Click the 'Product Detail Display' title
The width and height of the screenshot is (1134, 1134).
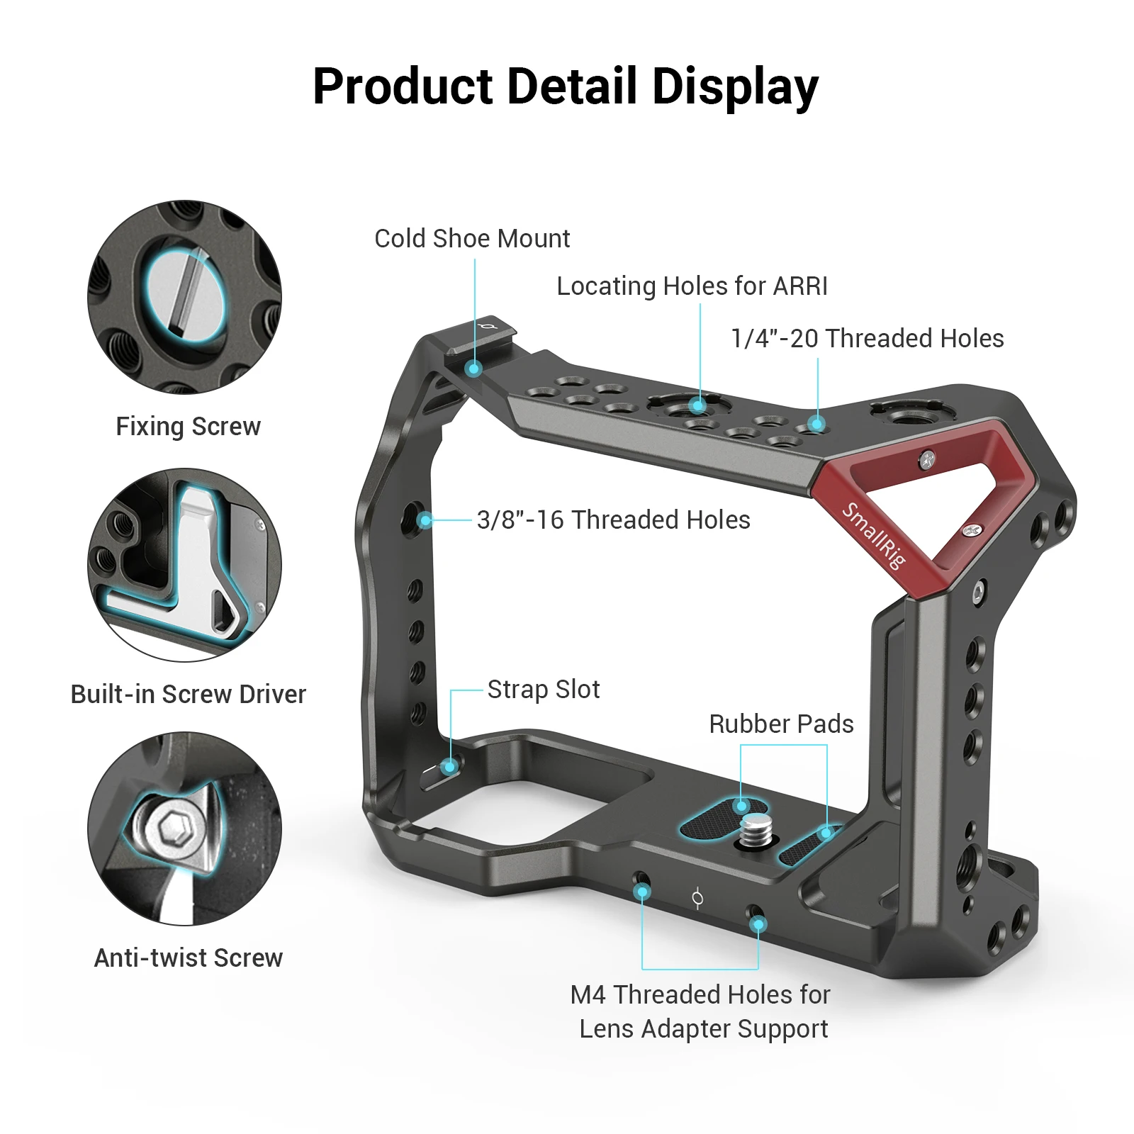pos(566,86)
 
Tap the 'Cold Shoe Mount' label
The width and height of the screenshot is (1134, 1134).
pos(472,239)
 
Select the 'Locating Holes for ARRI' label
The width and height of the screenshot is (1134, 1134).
pos(692,286)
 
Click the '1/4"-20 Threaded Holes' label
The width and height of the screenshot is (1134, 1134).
pos(867,339)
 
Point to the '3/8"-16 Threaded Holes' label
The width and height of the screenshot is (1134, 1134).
pos(613,520)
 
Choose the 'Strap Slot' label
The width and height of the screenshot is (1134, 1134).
pos(544,690)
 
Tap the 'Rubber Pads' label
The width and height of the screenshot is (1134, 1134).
pos(781,724)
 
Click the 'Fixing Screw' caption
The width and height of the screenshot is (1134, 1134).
pos(188,427)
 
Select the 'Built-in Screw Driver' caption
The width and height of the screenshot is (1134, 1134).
pos(188,695)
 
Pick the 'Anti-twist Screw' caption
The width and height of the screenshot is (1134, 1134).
pos(188,958)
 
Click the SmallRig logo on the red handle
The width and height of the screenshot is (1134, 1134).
pos(873,536)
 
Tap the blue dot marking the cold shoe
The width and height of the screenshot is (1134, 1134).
pos(474,369)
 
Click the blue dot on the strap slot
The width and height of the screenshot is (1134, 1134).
pos(449,767)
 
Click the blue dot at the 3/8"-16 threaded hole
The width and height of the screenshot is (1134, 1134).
pos(425,521)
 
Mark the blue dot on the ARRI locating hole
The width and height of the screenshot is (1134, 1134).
pos(698,406)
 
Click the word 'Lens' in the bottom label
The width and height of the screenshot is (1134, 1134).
pos(607,1029)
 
